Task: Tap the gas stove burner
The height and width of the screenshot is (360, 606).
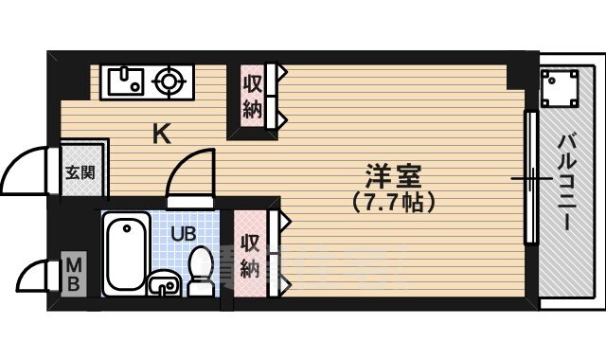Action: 170,81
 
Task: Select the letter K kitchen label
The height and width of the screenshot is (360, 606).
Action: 162,135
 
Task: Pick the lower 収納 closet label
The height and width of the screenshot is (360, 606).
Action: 250,256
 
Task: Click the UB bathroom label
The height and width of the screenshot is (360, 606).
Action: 184,230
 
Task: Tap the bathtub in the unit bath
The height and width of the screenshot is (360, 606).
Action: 127,252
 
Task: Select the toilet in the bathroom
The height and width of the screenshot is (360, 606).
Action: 201,269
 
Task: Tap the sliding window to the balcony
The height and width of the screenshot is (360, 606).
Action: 530,180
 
